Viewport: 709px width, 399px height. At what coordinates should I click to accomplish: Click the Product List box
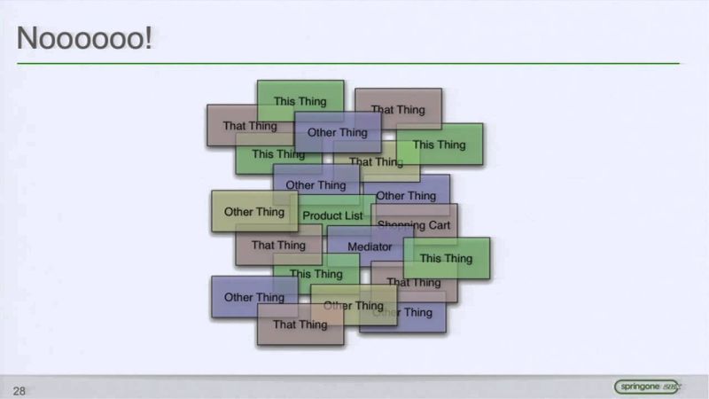(x=333, y=215)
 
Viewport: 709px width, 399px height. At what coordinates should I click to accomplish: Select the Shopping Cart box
(x=414, y=225)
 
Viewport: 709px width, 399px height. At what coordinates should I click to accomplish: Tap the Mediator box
(x=370, y=246)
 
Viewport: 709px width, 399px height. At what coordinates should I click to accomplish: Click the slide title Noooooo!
(x=85, y=39)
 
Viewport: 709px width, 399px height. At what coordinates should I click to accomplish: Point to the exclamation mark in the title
(x=147, y=39)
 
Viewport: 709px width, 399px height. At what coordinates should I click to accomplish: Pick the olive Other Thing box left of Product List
(x=254, y=212)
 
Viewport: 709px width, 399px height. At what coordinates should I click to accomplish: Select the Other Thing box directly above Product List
(x=316, y=185)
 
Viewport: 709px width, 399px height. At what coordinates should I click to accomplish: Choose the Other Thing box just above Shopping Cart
(x=406, y=195)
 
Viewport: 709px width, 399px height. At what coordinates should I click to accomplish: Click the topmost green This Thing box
(x=300, y=101)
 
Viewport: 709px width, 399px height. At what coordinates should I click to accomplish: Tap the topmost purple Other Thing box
(x=338, y=132)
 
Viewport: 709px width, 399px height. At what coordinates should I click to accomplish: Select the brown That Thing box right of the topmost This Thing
(x=398, y=109)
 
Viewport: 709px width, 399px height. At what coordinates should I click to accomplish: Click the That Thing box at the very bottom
(x=300, y=325)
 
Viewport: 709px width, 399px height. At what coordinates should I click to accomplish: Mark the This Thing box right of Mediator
(x=446, y=258)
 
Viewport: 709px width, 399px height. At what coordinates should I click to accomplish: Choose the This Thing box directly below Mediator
(x=316, y=274)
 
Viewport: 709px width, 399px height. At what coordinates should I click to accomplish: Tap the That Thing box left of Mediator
(x=278, y=245)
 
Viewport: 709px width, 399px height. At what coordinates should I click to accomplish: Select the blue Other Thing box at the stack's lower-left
(x=254, y=297)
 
